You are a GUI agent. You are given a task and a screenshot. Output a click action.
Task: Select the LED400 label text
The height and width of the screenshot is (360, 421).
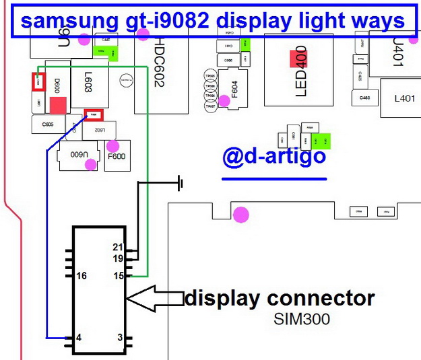[x=300, y=71]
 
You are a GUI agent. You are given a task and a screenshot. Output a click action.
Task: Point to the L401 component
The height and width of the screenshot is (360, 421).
[x=404, y=98]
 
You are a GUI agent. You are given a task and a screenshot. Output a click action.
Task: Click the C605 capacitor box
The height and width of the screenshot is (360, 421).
[x=48, y=124]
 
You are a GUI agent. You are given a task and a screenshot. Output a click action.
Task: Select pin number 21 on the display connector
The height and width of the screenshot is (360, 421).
[x=119, y=248]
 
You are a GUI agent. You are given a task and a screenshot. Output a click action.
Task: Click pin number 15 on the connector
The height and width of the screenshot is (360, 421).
[x=119, y=276]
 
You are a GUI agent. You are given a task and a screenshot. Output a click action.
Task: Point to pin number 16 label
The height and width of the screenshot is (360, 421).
[x=82, y=276]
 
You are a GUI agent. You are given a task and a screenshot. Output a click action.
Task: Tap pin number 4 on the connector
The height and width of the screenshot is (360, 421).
[x=79, y=337]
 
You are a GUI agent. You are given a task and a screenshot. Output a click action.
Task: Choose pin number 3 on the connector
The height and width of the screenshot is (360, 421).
[x=119, y=337]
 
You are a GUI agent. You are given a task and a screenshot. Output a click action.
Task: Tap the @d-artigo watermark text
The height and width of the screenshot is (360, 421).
[x=274, y=157]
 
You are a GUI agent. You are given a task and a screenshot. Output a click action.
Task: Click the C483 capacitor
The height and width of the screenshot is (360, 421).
[x=364, y=98]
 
